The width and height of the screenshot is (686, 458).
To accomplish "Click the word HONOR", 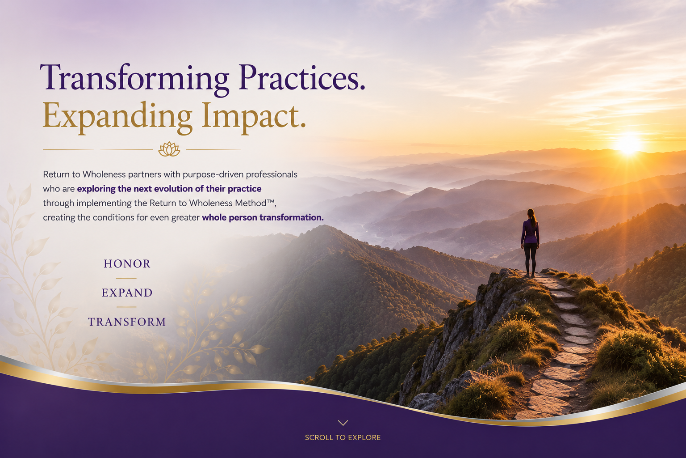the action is (127, 264).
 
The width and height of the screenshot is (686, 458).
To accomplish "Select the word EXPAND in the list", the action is (127, 293).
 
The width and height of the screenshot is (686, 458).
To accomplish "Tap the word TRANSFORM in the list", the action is (127, 322).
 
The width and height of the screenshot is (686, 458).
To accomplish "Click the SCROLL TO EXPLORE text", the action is (343, 437).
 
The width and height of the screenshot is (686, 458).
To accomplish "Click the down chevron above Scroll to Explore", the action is (343, 423).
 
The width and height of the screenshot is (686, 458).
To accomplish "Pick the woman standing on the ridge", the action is (530, 243).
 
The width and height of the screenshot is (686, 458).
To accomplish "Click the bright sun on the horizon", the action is (628, 144).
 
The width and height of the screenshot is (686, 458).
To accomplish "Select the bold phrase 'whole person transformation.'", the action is (263, 217).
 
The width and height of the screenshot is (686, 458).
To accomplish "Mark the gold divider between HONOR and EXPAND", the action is (126, 278).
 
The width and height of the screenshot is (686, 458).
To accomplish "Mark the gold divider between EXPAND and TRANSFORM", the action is (126, 307).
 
